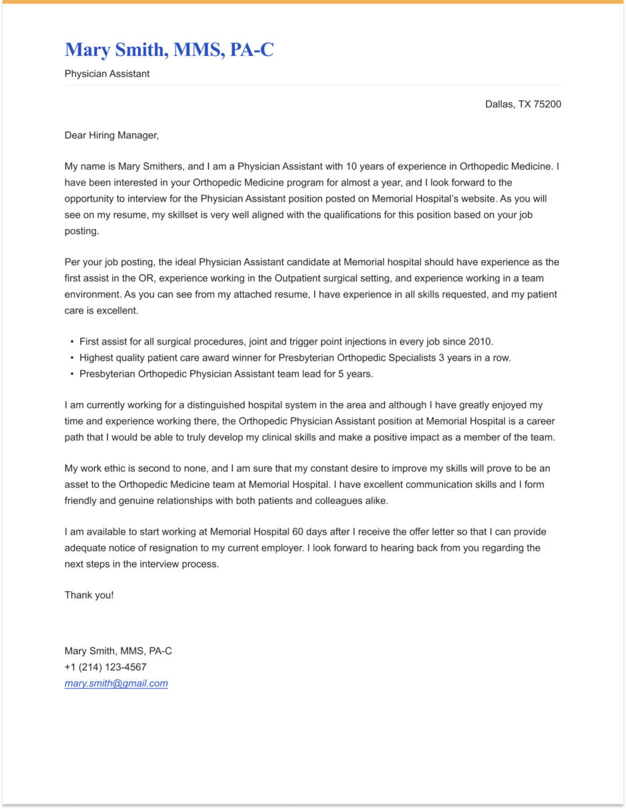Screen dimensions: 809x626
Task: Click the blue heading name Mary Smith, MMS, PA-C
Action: (x=169, y=50)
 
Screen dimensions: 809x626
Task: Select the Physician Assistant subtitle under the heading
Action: (x=107, y=74)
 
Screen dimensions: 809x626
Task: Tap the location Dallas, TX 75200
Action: (x=523, y=104)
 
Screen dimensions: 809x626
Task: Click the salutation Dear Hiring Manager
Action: (x=111, y=136)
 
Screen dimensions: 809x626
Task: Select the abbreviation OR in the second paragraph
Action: (x=146, y=278)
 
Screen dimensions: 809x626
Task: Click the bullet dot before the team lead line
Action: (x=72, y=374)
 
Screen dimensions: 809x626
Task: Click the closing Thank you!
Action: (x=89, y=595)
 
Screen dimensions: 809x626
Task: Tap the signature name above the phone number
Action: (x=118, y=651)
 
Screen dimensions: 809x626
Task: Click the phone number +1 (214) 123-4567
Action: (x=105, y=667)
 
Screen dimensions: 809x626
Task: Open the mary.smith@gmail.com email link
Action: (x=116, y=684)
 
